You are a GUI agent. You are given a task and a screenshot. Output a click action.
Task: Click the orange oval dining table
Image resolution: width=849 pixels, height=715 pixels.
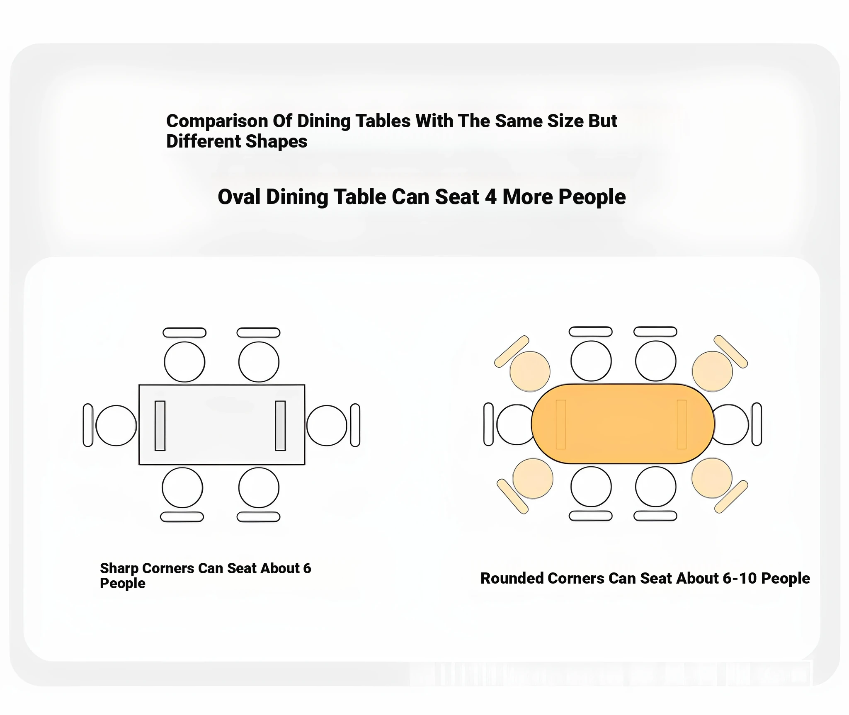(623, 424)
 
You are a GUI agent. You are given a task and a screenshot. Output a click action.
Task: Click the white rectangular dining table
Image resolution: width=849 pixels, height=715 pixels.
(222, 425)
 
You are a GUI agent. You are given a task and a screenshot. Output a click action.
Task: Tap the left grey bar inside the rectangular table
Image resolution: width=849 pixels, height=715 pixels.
(160, 425)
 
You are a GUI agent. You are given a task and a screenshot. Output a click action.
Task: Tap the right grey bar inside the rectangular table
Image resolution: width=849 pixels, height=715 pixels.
(280, 425)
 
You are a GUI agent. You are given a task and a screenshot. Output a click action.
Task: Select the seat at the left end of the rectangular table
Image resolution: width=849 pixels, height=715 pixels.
(116, 425)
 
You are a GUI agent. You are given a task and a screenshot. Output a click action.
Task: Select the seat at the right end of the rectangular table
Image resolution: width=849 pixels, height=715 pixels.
(327, 425)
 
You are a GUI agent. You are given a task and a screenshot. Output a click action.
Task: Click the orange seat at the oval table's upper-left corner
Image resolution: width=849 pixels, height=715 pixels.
(530, 371)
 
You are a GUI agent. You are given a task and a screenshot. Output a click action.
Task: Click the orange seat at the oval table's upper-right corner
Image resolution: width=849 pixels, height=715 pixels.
(713, 371)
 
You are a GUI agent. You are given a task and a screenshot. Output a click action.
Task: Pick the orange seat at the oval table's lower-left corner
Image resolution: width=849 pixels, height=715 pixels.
(533, 478)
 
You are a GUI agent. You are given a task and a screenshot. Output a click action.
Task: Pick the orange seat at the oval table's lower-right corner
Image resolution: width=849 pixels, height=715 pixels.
(712, 477)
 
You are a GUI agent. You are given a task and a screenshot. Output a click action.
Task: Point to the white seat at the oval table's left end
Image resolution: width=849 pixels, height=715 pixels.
(515, 424)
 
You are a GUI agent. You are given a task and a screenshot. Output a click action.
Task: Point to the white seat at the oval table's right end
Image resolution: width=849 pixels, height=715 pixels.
(730, 424)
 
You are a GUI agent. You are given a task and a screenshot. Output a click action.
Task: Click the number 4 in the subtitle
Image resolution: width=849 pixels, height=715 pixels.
(490, 197)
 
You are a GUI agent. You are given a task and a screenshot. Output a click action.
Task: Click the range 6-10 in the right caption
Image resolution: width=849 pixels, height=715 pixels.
(740, 578)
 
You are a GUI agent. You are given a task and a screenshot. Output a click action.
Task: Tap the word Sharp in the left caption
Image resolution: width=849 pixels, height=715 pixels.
(119, 569)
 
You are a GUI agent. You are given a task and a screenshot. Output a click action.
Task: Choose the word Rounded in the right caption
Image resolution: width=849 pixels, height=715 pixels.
(512, 578)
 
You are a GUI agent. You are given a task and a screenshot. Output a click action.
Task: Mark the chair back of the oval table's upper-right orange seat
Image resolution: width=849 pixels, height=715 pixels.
(730, 351)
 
